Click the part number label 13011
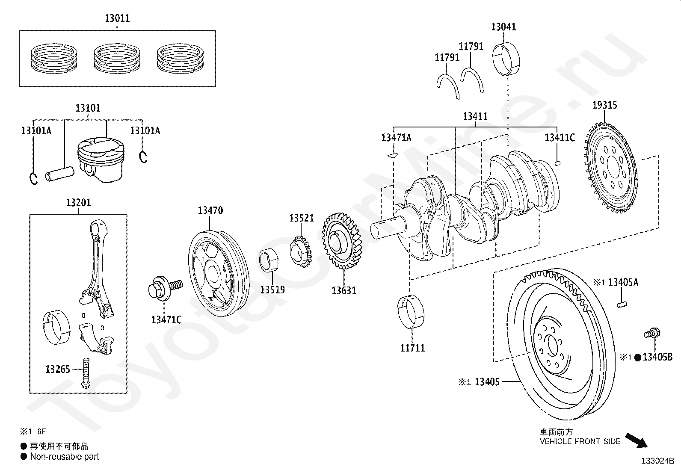click(117, 18)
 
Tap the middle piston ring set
click(117, 59)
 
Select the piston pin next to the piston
click(59, 174)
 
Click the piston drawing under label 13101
click(101, 160)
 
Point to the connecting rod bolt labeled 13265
click(86, 373)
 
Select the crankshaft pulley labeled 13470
click(219, 274)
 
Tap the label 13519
click(272, 290)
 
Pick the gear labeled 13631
click(342, 241)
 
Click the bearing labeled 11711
click(411, 312)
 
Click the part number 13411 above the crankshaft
click(475, 116)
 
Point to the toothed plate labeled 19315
click(610, 167)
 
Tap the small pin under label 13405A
click(622, 304)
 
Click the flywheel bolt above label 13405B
click(652, 334)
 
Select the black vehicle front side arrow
click(637, 440)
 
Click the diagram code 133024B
click(658, 461)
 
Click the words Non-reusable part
click(65, 457)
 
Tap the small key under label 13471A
click(393, 156)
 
